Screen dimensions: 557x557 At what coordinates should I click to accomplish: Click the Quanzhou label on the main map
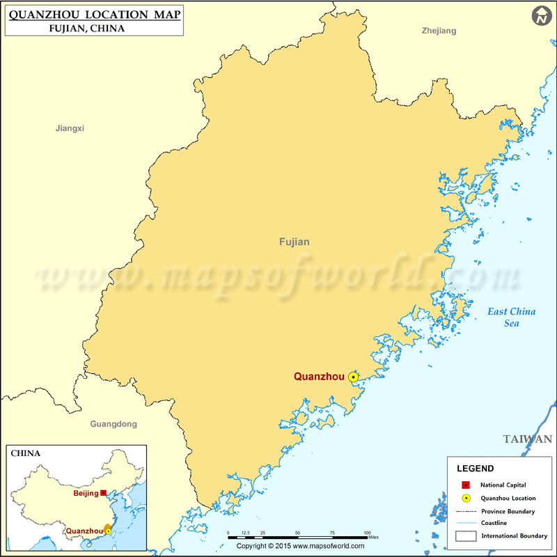pyautogui.click(x=319, y=377)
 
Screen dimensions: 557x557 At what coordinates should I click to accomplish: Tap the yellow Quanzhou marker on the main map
pyautogui.click(x=353, y=377)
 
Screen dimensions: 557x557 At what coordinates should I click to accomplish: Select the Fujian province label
pyautogui.click(x=294, y=242)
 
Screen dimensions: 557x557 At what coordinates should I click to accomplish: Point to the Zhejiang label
pyautogui.click(x=439, y=31)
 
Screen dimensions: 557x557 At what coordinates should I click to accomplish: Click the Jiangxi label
pyautogui.click(x=70, y=128)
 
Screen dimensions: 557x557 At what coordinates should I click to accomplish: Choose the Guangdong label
pyautogui.click(x=113, y=423)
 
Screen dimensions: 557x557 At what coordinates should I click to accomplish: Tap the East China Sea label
pyautogui.click(x=511, y=317)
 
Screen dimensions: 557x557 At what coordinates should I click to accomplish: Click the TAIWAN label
pyautogui.click(x=528, y=439)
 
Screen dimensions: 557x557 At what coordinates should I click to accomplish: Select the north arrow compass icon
pyautogui.click(x=540, y=17)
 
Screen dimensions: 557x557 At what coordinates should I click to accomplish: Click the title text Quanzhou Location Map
pyautogui.click(x=95, y=15)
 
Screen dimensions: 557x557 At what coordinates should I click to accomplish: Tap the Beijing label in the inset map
pyautogui.click(x=86, y=493)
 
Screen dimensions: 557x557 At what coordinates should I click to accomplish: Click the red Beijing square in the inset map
pyautogui.click(x=103, y=493)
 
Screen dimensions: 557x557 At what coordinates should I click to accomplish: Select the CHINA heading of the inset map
pyautogui.click(x=25, y=453)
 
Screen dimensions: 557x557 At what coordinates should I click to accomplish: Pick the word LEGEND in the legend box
pyautogui.click(x=475, y=469)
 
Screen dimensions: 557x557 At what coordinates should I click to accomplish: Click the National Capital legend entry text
pyautogui.click(x=503, y=485)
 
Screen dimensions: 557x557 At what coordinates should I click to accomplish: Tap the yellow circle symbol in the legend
pyautogui.click(x=466, y=498)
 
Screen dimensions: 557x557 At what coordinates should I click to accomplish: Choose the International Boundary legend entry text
pyautogui.click(x=515, y=535)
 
